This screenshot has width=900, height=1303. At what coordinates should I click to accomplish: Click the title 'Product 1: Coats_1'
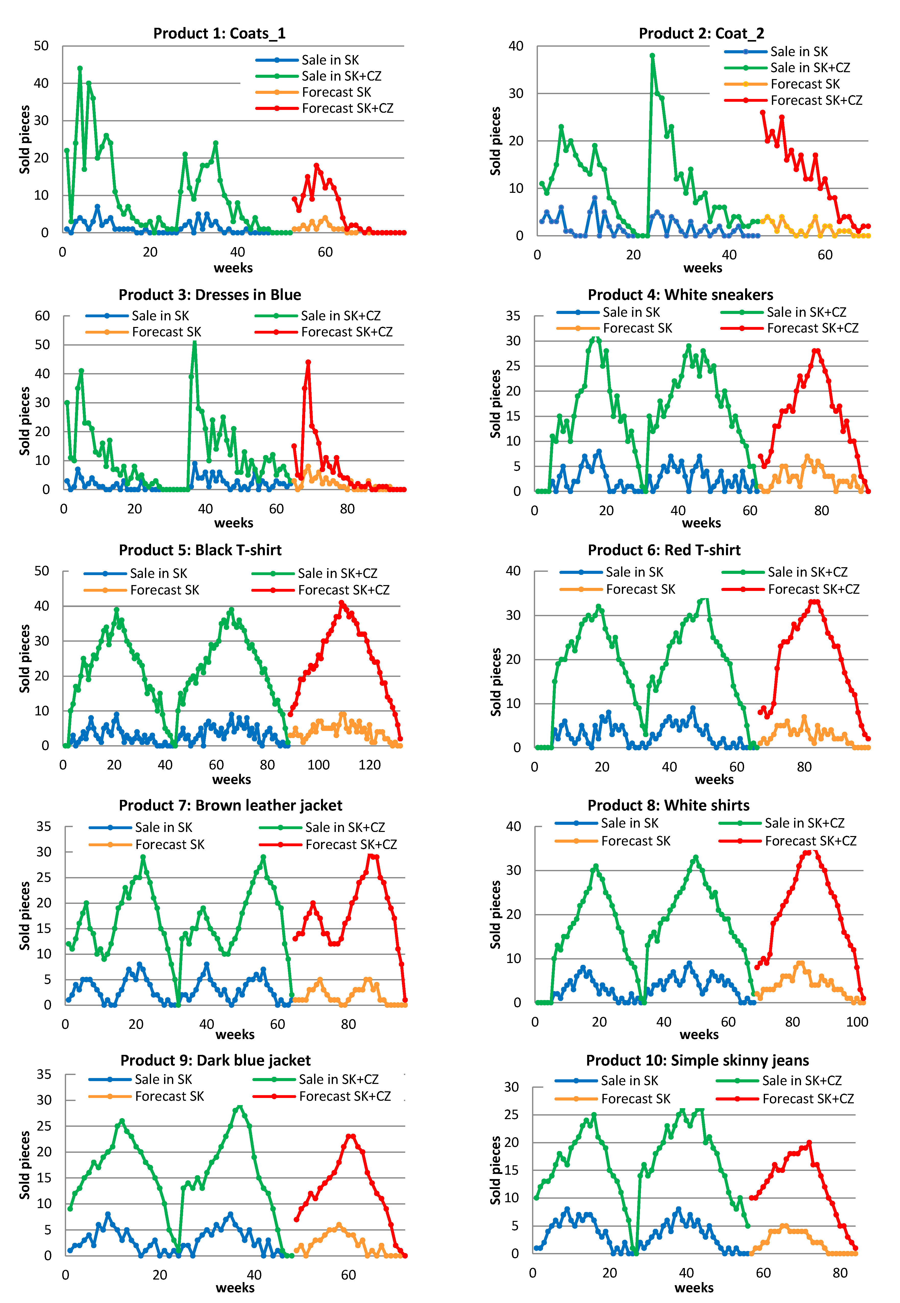coord(219,34)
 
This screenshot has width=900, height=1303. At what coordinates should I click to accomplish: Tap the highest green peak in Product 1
coord(80,68)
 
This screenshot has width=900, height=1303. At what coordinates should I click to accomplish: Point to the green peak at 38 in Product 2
coord(652,56)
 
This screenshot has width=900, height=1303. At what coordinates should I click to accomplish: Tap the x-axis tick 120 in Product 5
coord(369,765)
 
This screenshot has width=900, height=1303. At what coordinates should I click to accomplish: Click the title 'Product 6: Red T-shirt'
coord(664,550)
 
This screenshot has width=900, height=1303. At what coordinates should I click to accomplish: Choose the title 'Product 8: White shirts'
coord(668,805)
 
